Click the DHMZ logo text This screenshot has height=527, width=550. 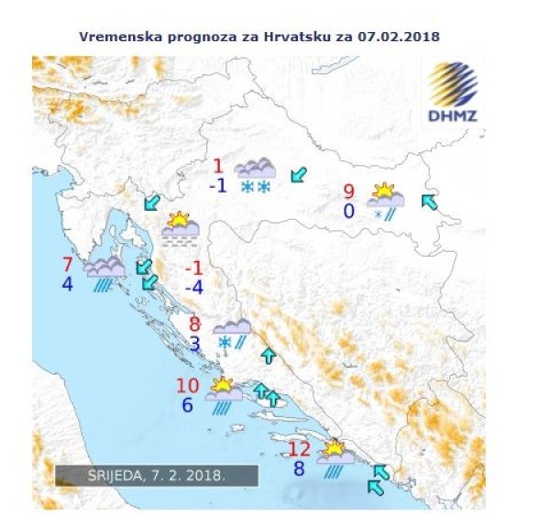pyautogui.click(x=452, y=115)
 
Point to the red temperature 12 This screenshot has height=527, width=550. pyautogui.click(x=300, y=449)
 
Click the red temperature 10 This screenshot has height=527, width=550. pyautogui.click(x=187, y=386)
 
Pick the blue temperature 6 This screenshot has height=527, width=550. pyautogui.click(x=187, y=404)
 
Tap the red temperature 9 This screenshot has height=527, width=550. pyautogui.click(x=349, y=192)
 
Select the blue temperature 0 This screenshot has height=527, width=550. pyautogui.click(x=349, y=211)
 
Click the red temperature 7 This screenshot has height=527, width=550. pyautogui.click(x=67, y=265)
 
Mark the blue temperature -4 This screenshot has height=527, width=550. pyautogui.click(x=192, y=286)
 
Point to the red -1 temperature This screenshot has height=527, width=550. pyautogui.click(x=193, y=268)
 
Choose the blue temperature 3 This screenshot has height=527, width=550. pyautogui.click(x=194, y=344)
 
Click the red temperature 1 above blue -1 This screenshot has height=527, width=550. pyautogui.click(x=218, y=166)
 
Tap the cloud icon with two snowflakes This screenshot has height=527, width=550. pyautogui.click(x=255, y=176)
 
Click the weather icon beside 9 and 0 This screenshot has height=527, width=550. pyautogui.click(x=385, y=201)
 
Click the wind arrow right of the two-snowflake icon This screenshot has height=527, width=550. pyautogui.click(x=298, y=174)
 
